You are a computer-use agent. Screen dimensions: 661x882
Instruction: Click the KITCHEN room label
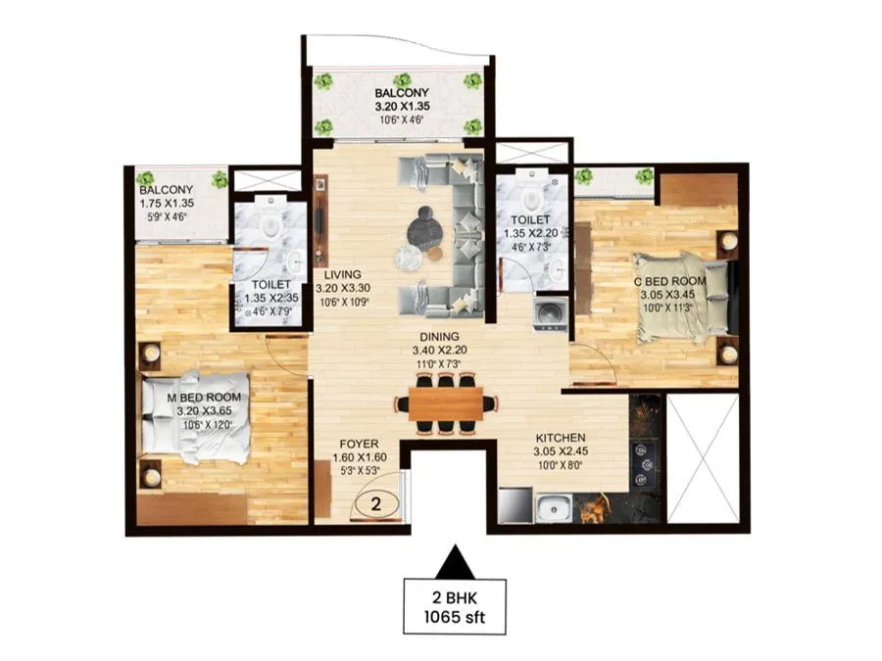click(x=561, y=438)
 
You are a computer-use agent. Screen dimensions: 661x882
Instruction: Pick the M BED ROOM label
click(x=203, y=397)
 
